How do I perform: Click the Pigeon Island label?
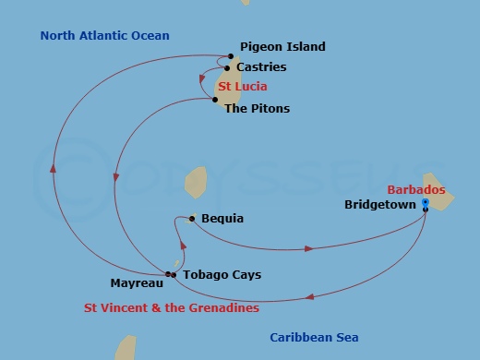coord(282,46)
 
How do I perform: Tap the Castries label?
coord(261,67)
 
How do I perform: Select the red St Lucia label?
coord(243,87)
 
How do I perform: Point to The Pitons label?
coord(257,109)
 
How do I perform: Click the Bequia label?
coord(222,219)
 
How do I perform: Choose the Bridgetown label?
coord(379,204)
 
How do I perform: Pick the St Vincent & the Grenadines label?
coord(172,308)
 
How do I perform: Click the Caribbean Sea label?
coord(314,338)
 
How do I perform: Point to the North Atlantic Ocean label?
coord(104,36)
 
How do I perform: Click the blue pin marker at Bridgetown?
coord(425,202)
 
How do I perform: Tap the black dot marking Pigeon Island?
coord(231,55)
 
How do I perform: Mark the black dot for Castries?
coord(227,68)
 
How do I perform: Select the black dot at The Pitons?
coord(216,100)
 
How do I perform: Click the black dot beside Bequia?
coord(192,219)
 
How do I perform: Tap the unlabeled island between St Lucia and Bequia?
coord(195,181)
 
